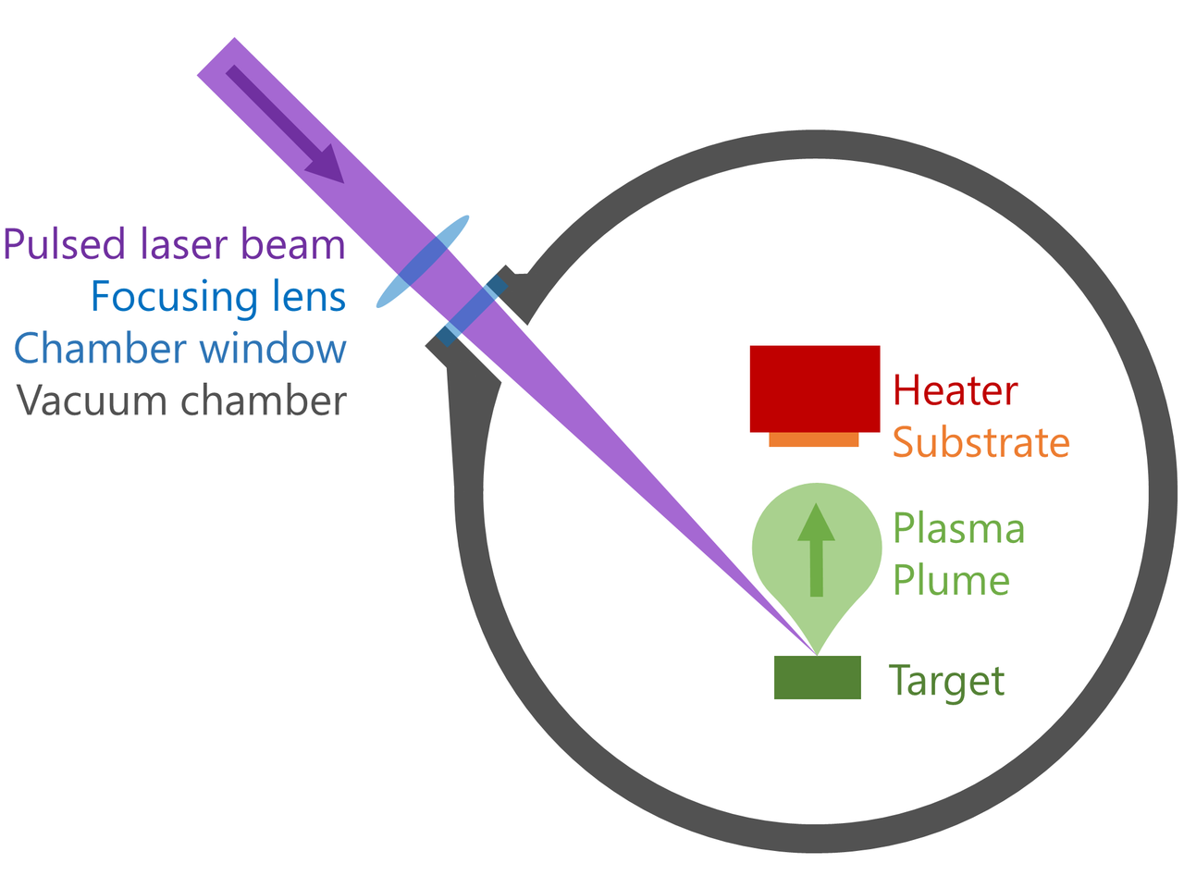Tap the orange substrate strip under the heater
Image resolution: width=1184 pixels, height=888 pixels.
pyautogui.click(x=814, y=440)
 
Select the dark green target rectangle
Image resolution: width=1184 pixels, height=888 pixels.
pyautogui.click(x=817, y=678)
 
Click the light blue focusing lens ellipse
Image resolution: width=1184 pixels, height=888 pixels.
pyautogui.click(x=423, y=261)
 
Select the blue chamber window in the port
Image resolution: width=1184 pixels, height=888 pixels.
pyautogui.click(x=472, y=311)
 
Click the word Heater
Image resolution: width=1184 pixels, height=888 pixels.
pyautogui.click(x=955, y=390)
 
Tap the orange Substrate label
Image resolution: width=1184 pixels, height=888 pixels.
pyautogui.click(x=980, y=443)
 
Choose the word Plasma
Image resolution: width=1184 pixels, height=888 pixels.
pyautogui.click(x=958, y=529)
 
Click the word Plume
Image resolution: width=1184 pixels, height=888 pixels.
pyautogui.click(x=950, y=581)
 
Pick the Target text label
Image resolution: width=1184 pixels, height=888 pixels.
pyautogui.click(x=945, y=682)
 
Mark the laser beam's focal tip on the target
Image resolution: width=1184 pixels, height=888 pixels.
pyautogui.click(x=816, y=654)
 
